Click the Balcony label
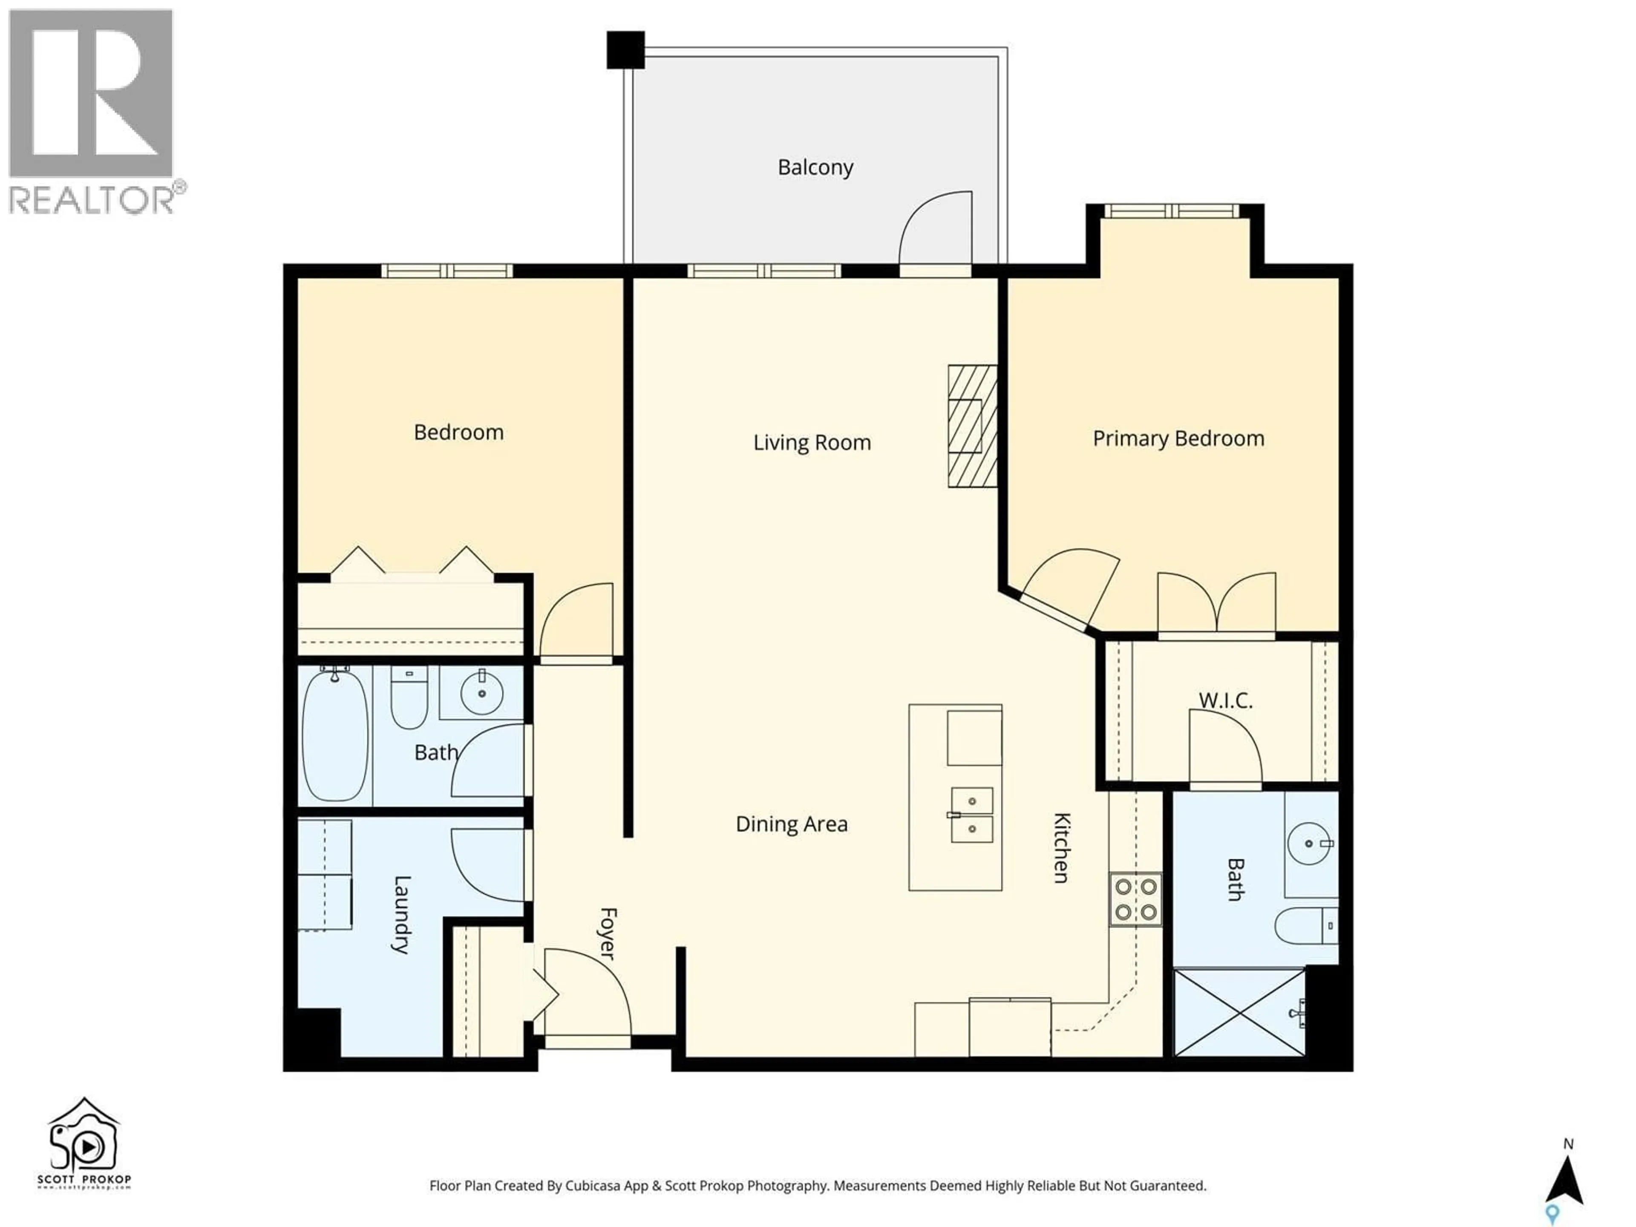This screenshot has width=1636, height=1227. tap(815, 167)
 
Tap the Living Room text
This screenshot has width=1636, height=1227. tap(811, 442)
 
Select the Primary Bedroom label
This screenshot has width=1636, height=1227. tap(1178, 438)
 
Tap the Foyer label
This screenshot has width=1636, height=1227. tap(607, 933)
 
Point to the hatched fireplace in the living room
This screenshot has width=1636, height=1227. tap(972, 426)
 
